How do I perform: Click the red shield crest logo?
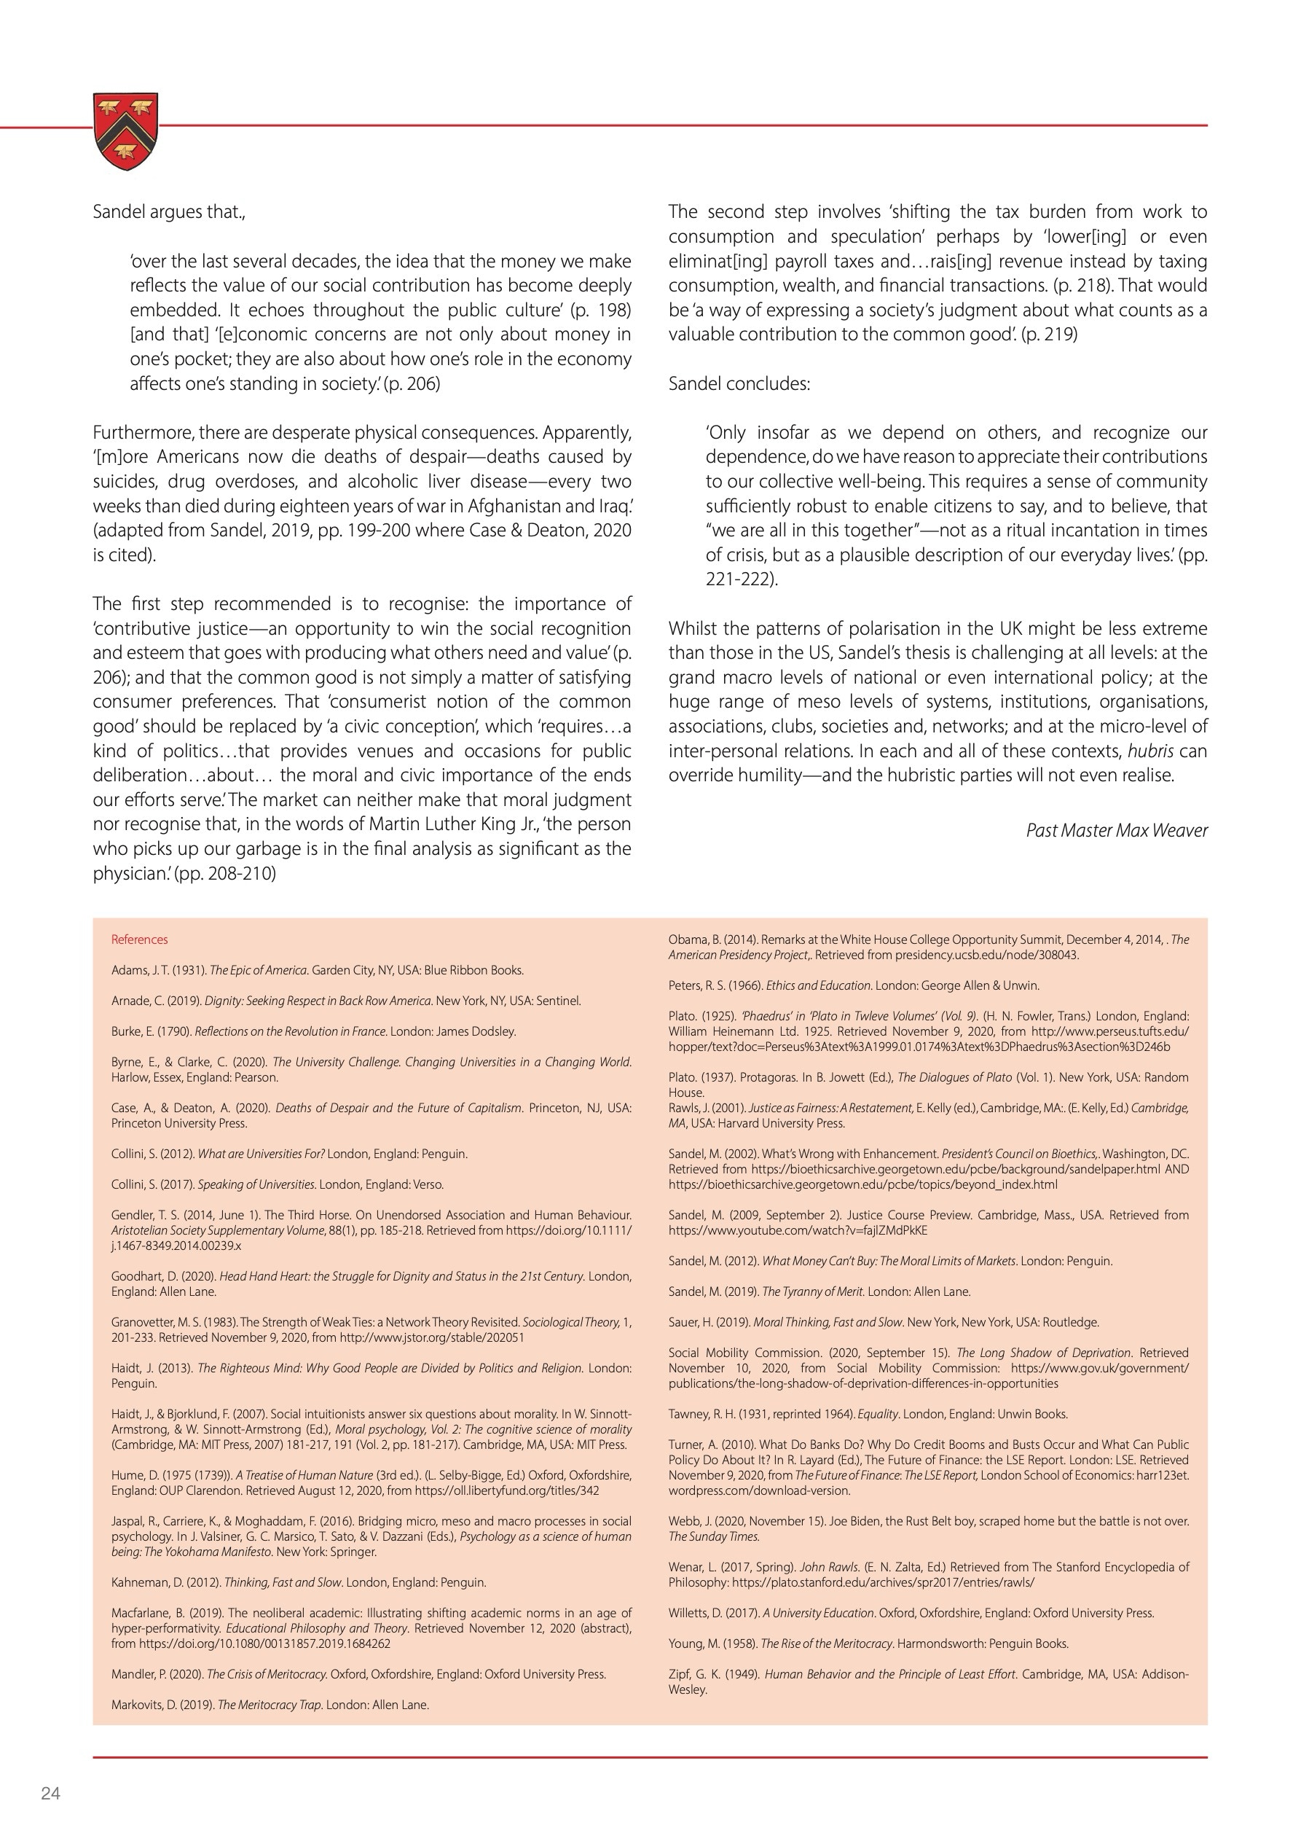(x=125, y=130)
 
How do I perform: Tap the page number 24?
(x=50, y=1794)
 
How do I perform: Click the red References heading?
(x=139, y=939)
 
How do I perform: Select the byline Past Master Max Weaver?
(x=1116, y=830)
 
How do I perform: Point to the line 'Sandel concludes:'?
(x=739, y=383)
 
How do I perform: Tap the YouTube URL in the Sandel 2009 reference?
(x=798, y=1230)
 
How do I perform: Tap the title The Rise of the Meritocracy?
(x=825, y=1643)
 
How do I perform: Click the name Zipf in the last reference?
(x=679, y=1674)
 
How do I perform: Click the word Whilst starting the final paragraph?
(x=694, y=629)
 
